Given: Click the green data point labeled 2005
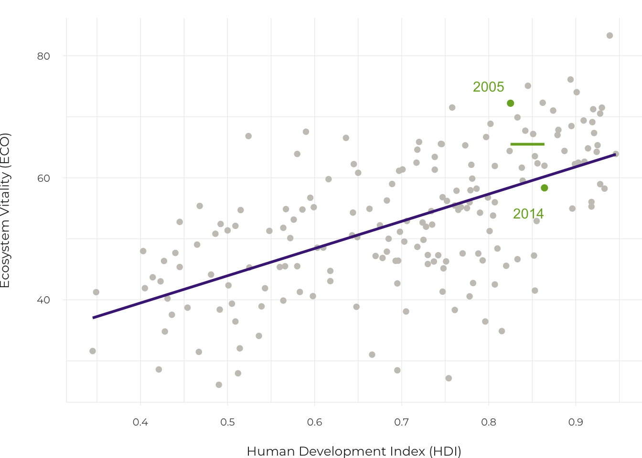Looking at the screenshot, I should (510, 104).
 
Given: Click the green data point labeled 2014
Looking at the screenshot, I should (544, 188).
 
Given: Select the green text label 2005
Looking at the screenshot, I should (488, 87).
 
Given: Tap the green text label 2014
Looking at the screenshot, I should (528, 214).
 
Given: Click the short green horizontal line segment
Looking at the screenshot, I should (527, 144).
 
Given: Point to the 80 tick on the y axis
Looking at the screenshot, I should (43, 56).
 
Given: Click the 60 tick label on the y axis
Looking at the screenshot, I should (43, 178).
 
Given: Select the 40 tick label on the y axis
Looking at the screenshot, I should (43, 300).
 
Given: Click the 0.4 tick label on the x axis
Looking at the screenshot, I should (140, 422).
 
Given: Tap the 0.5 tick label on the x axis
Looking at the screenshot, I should (227, 422).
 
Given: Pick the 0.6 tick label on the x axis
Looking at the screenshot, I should (314, 422).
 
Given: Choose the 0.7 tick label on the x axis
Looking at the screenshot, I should (402, 422).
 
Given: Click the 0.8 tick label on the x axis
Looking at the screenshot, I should (489, 422).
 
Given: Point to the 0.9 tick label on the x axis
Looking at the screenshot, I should (576, 422).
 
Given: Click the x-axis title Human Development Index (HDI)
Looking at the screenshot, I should (354, 451).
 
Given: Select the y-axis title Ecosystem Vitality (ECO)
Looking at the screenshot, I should (5, 210).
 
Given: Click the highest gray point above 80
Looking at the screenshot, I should (610, 36).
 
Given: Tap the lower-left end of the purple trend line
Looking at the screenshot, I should (94, 317).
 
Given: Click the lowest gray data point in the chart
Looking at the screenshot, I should (219, 385).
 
